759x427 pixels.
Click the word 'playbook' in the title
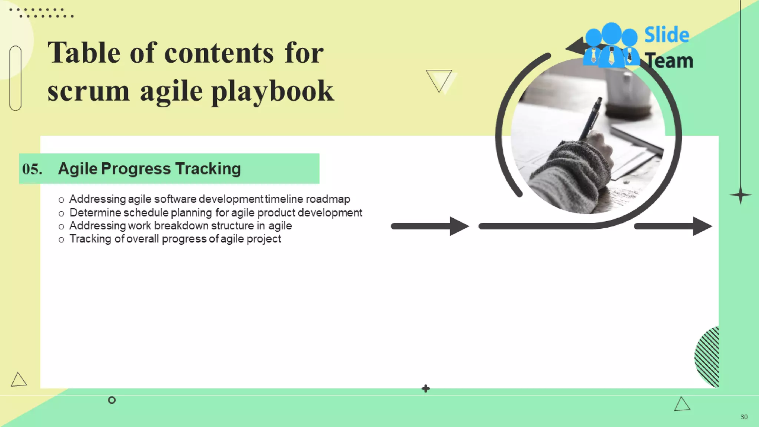(x=273, y=91)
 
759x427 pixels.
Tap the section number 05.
(x=32, y=169)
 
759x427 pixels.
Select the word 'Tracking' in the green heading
(x=208, y=169)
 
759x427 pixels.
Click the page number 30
(x=744, y=417)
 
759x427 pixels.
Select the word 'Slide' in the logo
(x=666, y=35)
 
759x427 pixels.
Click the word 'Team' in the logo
(x=669, y=61)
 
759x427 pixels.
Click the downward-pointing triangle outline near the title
(x=439, y=79)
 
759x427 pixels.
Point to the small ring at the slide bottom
(x=112, y=400)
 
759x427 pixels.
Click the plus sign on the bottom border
(x=426, y=388)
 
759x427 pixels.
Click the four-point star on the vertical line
(x=740, y=195)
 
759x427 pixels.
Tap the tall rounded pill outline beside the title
(x=16, y=78)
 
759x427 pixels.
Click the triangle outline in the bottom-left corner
(x=18, y=380)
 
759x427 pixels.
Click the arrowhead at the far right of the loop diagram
(x=702, y=226)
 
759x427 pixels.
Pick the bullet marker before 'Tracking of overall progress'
(x=62, y=240)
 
